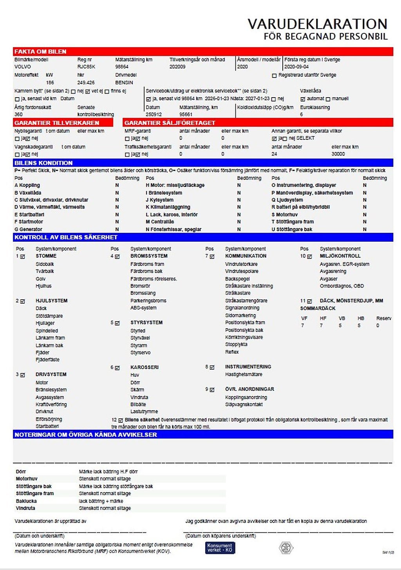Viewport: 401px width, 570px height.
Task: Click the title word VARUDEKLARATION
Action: pyautogui.click(x=317, y=24)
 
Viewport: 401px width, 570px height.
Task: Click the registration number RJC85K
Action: pyautogui.click(x=86, y=67)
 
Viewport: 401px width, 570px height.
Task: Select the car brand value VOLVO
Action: pyautogui.click(x=22, y=67)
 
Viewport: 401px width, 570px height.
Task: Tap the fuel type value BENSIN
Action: pyautogui.click(x=124, y=83)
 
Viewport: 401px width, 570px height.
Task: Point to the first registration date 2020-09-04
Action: pyautogui.click(x=296, y=67)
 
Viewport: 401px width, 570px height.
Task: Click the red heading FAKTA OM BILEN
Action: pyautogui.click(x=40, y=52)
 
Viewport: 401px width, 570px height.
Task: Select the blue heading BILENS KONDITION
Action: pyautogui.click(x=43, y=163)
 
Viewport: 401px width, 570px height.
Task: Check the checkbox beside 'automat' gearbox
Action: pyautogui.click(x=303, y=99)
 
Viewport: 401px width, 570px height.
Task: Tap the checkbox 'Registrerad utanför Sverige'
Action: pyautogui.click(x=274, y=76)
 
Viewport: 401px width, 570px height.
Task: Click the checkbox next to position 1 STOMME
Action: pyautogui.click(x=23, y=257)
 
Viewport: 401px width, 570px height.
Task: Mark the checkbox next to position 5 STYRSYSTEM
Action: pyautogui.click(x=117, y=323)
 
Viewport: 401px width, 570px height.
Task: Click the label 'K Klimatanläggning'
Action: pyautogui.click(x=168, y=207)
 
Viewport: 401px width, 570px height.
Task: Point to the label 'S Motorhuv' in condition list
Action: pyautogui.click(x=285, y=215)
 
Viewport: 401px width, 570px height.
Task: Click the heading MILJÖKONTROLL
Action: pyautogui.click(x=340, y=256)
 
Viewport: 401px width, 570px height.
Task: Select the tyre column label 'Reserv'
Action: pyautogui.click(x=383, y=318)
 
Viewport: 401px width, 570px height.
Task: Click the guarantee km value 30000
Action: pyautogui.click(x=338, y=154)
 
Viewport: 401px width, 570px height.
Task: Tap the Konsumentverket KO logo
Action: pyautogui.click(x=220, y=548)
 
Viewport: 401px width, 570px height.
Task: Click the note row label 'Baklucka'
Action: pyautogui.click(x=26, y=501)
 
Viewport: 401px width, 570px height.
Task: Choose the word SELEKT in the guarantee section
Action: pyautogui.click(x=305, y=138)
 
